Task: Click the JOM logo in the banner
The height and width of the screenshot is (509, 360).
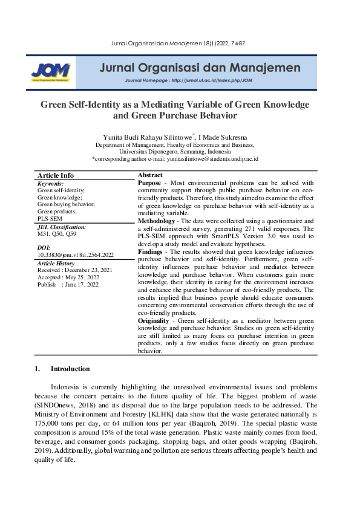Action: (x=51, y=71)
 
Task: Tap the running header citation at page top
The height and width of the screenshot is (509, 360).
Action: (x=179, y=44)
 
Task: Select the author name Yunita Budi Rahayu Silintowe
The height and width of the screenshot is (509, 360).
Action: (x=148, y=137)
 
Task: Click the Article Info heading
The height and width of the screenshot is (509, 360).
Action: (x=56, y=175)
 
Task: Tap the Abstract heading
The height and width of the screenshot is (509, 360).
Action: (x=151, y=175)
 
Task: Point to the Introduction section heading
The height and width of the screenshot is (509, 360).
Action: (x=70, y=369)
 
